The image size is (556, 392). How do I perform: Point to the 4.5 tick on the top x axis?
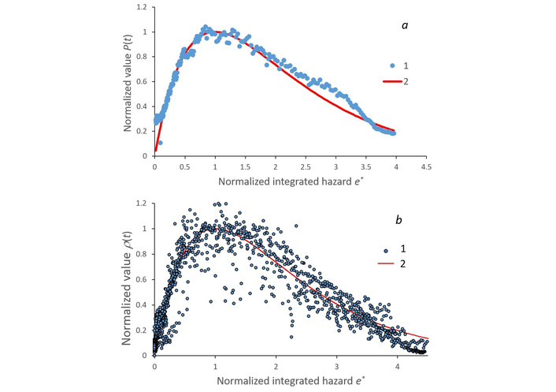click(426, 167)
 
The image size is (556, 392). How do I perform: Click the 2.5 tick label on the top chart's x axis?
click(306, 167)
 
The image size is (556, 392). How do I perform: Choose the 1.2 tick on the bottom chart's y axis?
click(142, 203)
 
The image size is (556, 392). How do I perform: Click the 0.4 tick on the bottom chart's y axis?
click(142, 304)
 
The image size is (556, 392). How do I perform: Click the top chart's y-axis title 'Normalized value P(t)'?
click(125, 81)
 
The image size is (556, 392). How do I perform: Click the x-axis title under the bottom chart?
click(276, 382)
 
